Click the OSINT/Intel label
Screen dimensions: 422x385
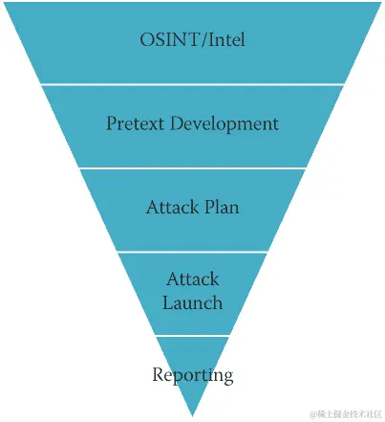[192, 40]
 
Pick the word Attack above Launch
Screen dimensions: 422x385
[193, 279]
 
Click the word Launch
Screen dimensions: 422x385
[193, 302]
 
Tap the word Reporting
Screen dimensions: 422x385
[193, 374]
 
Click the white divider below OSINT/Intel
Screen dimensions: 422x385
[192, 84]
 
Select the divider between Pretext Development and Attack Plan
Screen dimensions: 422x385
[192, 168]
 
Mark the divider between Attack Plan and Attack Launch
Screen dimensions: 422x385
[192, 252]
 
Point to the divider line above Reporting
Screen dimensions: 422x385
[192, 335]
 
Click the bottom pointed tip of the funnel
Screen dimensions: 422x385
[192, 415]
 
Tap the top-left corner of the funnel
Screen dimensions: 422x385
[4, 3]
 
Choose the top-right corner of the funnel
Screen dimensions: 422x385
[380, 3]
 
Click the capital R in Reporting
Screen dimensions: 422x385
[159, 373]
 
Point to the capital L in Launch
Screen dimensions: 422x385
[168, 302]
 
